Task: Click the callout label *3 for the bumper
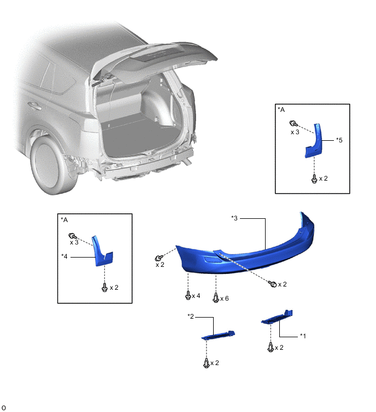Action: tap(234, 218)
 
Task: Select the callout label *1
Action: tap(303, 336)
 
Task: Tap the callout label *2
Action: tap(191, 317)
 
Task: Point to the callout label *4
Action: tap(64, 256)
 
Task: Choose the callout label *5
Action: tap(339, 140)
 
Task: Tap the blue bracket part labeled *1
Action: tap(277, 317)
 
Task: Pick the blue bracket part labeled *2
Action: tap(218, 335)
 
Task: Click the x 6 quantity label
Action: tap(225, 298)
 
